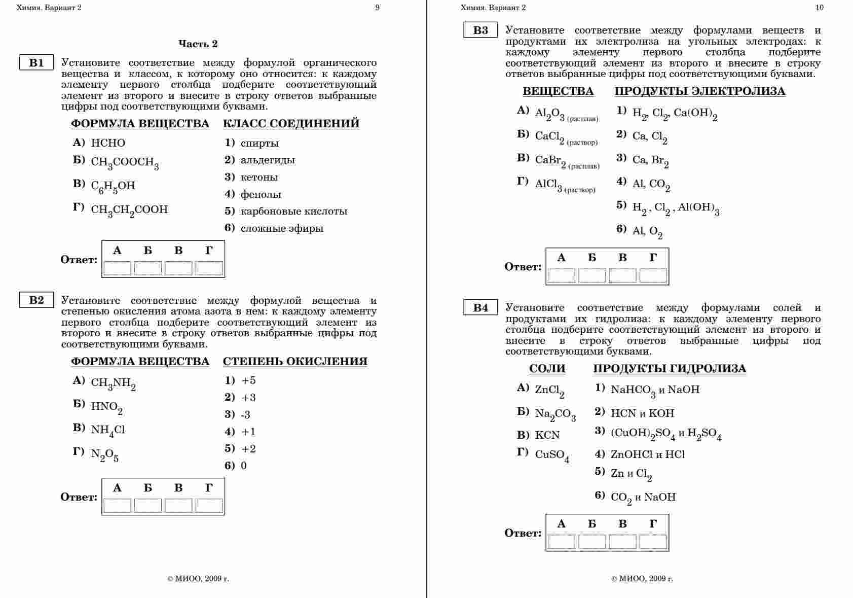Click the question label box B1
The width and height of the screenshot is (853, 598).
coord(36,63)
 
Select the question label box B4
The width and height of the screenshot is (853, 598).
coord(480,307)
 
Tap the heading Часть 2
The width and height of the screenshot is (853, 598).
coord(198,44)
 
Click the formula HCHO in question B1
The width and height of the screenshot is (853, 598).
coord(108,143)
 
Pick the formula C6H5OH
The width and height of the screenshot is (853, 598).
coord(113,186)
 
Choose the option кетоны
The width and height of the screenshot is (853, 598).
coord(259,178)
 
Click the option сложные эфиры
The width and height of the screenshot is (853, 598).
coord(282,228)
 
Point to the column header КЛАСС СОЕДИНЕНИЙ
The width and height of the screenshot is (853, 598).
coord(291,123)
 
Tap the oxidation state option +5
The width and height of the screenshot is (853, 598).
coord(248,380)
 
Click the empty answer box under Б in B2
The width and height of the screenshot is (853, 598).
coord(148,505)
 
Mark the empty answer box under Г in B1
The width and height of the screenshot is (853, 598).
coord(209,268)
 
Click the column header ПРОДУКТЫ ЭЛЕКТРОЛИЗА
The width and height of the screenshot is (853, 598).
coord(699,91)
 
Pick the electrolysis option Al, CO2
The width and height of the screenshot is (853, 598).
coord(651,184)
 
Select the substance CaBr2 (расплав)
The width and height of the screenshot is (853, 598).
coord(567,161)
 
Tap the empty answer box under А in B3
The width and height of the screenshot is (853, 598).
coord(562,275)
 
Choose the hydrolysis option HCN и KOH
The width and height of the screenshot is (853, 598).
coord(642,413)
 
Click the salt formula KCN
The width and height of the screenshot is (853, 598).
coord(547,435)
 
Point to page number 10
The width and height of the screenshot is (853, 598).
coord(820,7)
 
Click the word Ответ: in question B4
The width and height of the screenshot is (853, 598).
coord(523,533)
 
